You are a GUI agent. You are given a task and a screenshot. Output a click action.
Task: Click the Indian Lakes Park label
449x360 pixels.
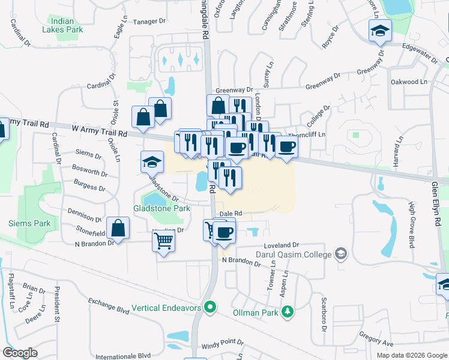(70, 24)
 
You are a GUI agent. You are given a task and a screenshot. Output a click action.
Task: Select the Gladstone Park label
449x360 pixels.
(161, 208)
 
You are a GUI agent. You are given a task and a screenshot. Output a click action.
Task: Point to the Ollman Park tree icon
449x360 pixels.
(288, 311)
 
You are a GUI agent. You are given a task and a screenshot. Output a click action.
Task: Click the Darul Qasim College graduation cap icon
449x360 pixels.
(342, 254)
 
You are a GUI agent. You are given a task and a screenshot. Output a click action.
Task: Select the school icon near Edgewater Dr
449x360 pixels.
(379, 31)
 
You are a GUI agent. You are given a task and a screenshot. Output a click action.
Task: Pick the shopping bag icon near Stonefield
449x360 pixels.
(119, 229)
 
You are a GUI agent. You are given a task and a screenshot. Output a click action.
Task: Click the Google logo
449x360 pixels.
(20, 353)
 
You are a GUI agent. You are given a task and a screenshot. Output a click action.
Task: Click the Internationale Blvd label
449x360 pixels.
(122, 355)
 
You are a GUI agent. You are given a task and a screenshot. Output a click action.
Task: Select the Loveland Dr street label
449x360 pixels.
(281, 245)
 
